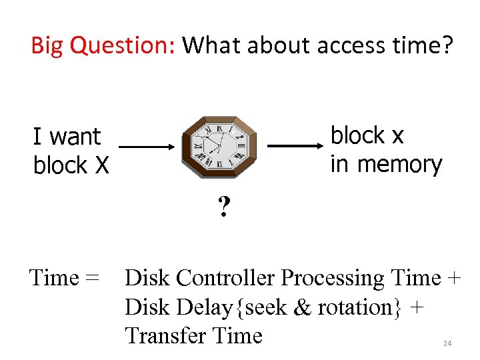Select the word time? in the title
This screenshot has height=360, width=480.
pos(422,46)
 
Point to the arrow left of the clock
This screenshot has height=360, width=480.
pos(147,147)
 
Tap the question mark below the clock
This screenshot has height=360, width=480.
pos(224,209)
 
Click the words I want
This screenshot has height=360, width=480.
pos(67,137)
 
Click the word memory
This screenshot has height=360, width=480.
pos(399,164)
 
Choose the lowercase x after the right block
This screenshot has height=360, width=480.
pos(397,136)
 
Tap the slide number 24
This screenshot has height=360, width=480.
pos(447,343)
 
